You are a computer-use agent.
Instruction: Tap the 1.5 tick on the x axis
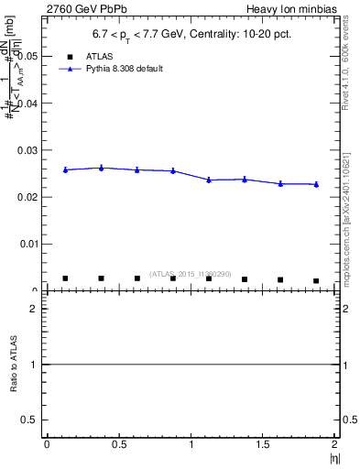263,444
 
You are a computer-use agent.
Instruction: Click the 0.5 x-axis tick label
118,444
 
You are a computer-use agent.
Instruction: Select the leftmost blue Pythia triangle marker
65,169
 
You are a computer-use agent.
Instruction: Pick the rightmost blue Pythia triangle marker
316,184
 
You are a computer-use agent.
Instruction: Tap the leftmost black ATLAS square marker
65,278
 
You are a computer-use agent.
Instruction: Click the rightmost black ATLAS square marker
316,280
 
